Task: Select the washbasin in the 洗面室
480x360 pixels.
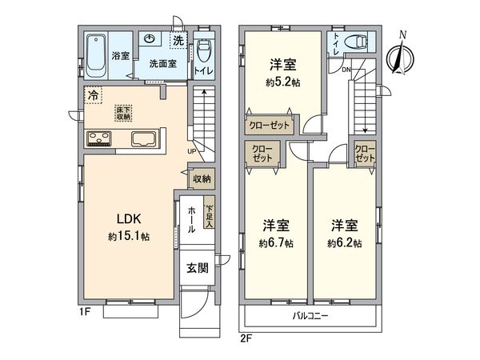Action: [150, 39]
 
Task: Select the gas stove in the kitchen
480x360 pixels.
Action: [102, 139]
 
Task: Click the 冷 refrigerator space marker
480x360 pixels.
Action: [94, 94]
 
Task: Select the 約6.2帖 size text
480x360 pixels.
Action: [344, 242]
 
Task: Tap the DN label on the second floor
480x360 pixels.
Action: [346, 71]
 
